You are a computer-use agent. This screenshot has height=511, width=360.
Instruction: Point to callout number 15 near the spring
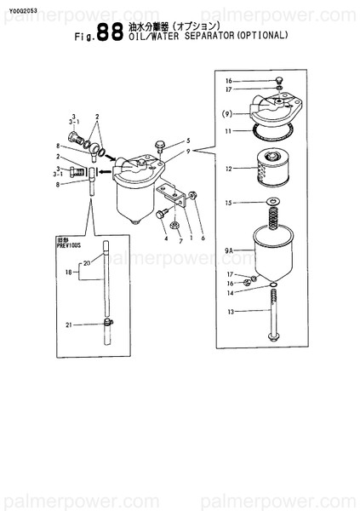coord(228,203)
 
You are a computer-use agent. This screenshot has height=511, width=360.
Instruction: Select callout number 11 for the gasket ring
coord(228,131)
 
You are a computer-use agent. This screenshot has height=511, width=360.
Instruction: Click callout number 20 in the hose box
coord(85,263)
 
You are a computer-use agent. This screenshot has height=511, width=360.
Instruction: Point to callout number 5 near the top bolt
coord(188,140)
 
